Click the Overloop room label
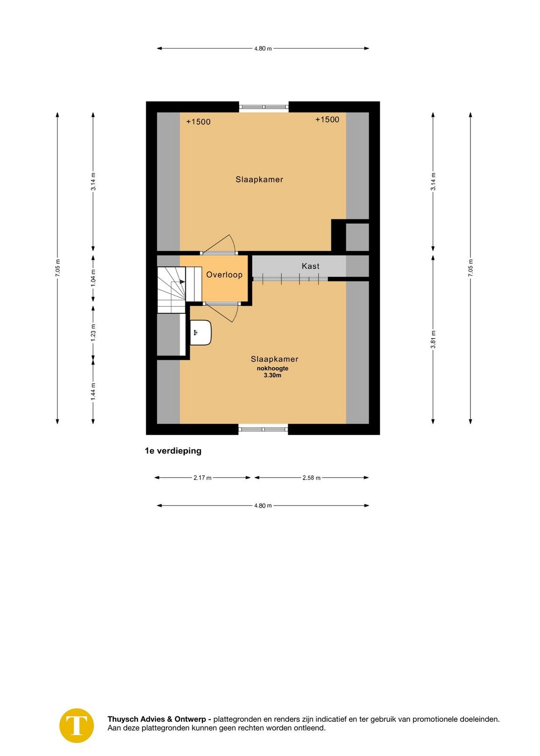(x=224, y=275)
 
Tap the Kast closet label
(x=310, y=266)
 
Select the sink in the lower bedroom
(x=201, y=332)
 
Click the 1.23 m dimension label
(x=93, y=332)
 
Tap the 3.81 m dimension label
(x=433, y=339)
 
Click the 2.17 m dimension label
(x=202, y=477)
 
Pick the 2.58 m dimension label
(x=311, y=477)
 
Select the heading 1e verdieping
(x=173, y=451)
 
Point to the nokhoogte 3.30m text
(x=272, y=372)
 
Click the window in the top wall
(x=264, y=107)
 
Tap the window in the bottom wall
(x=263, y=429)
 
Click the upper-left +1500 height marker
(x=199, y=122)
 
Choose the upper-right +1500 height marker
(x=327, y=120)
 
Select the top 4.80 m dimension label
(x=263, y=48)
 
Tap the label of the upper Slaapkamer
(x=259, y=180)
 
